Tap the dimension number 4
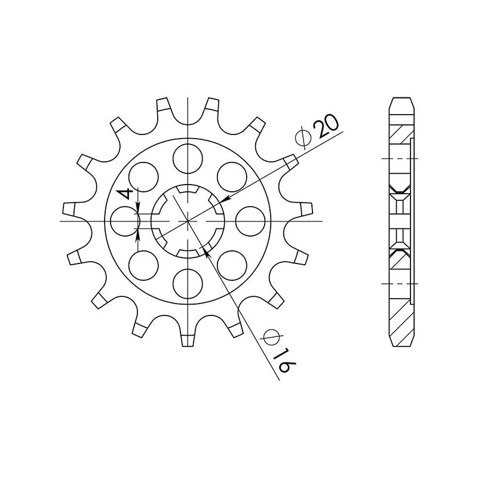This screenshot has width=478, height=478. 124,194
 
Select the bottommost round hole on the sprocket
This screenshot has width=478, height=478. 188,283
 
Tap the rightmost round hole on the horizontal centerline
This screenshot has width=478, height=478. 250,220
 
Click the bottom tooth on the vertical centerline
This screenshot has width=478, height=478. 188,339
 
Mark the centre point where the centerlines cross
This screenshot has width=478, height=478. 188,220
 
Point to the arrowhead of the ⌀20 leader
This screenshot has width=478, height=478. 220,201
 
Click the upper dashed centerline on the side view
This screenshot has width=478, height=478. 399,158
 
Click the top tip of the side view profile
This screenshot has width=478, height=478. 400,98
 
